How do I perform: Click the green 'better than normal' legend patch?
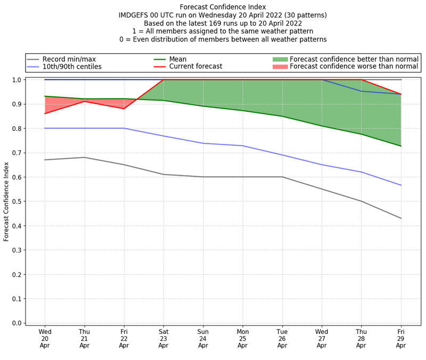point(280,59)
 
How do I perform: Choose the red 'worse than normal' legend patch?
point(280,67)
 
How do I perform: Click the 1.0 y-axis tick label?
point(17,80)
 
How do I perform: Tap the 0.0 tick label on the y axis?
point(17,323)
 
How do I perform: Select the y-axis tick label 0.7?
point(17,153)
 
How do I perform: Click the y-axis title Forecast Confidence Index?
point(6,201)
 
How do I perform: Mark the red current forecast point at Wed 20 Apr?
point(45,113)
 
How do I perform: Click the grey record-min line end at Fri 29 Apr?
point(400,218)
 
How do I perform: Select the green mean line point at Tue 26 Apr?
point(282,116)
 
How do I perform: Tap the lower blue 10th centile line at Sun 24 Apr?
point(203,143)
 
